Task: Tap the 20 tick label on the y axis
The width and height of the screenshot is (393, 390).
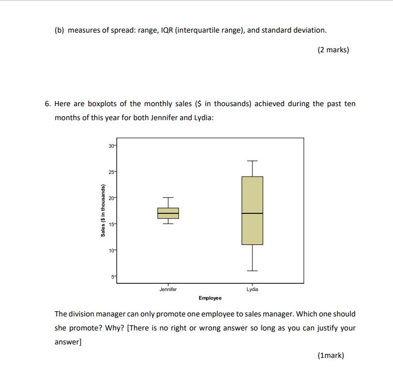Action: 112,197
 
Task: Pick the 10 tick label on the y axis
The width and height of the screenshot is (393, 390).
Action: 112,251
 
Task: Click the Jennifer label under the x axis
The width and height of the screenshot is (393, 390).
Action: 168,290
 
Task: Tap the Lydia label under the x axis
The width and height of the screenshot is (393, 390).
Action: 252,290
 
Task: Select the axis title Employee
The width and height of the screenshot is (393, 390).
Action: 210,298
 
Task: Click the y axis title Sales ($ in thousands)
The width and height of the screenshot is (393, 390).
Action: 103,211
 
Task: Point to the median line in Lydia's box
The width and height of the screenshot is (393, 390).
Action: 252,213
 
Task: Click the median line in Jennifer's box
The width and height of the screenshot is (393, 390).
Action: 168,213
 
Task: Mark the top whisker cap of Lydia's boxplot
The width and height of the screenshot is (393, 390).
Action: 252,161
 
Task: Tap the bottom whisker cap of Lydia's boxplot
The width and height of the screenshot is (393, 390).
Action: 252,271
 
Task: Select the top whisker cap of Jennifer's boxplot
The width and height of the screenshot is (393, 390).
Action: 168,197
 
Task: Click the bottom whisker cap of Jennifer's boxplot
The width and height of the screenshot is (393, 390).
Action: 168,224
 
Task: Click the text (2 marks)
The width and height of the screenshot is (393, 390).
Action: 333,50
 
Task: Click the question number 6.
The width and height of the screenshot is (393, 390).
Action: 47,104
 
